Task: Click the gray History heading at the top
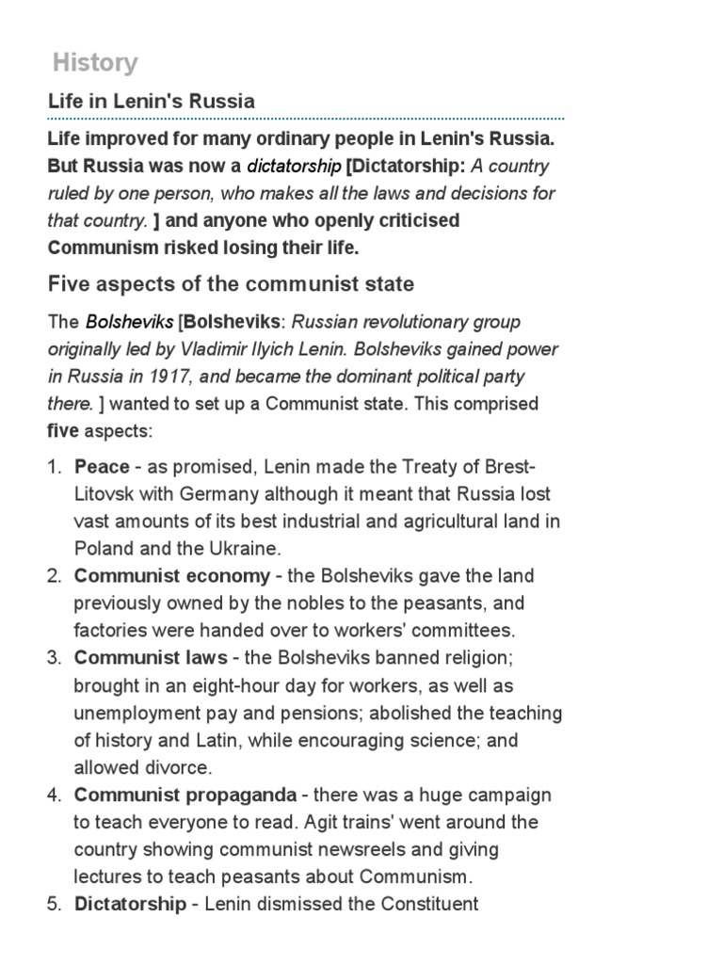pyautogui.click(x=95, y=63)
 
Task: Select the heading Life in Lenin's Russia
pyautogui.click(x=152, y=101)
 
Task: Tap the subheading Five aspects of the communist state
pyautogui.click(x=231, y=283)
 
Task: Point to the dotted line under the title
pyautogui.click(x=306, y=120)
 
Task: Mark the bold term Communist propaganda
pyautogui.click(x=185, y=795)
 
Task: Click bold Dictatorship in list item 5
pyautogui.click(x=130, y=905)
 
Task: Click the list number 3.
pyautogui.click(x=54, y=658)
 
